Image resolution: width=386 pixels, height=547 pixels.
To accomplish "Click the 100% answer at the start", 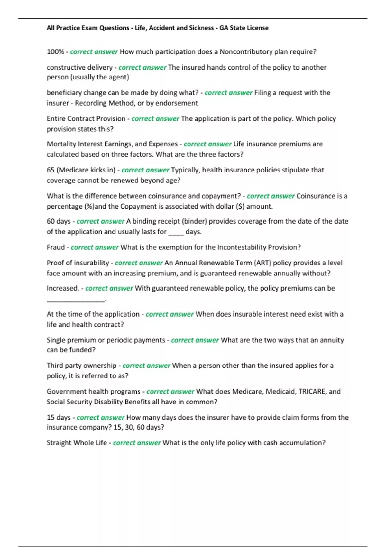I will pos(55,52).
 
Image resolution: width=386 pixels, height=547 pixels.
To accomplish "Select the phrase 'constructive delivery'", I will pos(79,67).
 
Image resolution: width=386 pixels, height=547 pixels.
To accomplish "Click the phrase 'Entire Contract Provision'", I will pos(86,119).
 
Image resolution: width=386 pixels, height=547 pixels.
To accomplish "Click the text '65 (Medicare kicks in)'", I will pos(81,170).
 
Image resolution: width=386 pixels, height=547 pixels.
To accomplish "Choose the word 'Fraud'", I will pos(56,247).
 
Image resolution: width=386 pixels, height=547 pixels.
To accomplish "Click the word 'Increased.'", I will pos(63,288).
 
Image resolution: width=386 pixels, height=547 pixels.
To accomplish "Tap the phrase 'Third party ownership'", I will pos(81,366).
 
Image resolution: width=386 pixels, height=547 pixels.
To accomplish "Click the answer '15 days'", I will pos(59,417).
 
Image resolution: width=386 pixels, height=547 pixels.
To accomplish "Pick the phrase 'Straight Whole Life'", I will pos(77,443).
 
